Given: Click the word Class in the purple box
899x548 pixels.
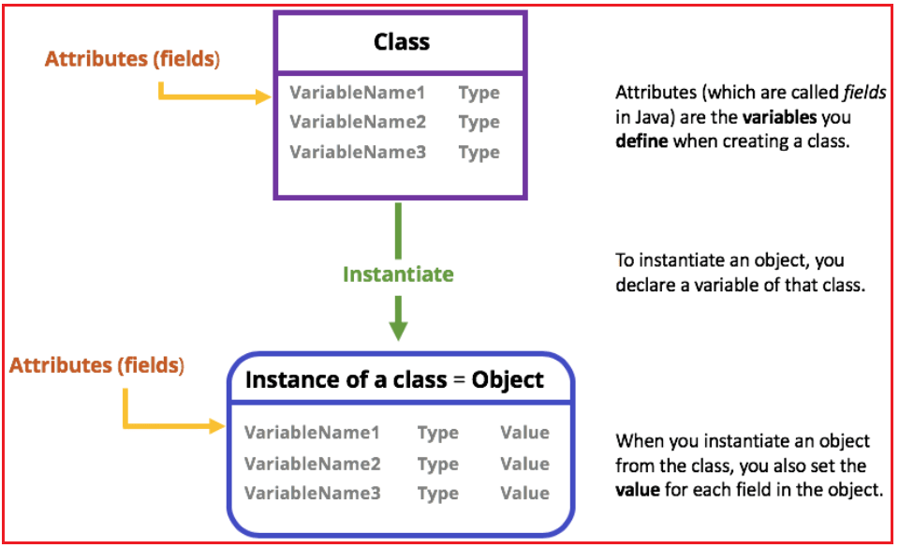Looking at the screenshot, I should pyautogui.click(x=401, y=41).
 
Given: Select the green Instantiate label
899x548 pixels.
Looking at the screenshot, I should pyautogui.click(x=398, y=274).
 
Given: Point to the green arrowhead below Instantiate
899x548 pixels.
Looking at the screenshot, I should pyautogui.click(x=399, y=329).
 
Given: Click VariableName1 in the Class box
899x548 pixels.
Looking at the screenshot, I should pyautogui.click(x=357, y=93).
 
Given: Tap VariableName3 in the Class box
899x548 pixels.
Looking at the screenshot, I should pyautogui.click(x=357, y=152).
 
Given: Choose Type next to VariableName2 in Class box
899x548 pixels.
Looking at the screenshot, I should pyautogui.click(x=479, y=122).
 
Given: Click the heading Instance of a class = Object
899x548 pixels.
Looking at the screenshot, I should pyautogui.click(x=394, y=379).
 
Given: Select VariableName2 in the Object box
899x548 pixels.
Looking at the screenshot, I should pyautogui.click(x=313, y=464).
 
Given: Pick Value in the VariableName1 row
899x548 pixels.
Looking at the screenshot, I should pyautogui.click(x=524, y=433).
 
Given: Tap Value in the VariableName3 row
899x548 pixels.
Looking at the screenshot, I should pyautogui.click(x=524, y=494).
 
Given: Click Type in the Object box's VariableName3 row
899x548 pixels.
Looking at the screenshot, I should pyautogui.click(x=438, y=494).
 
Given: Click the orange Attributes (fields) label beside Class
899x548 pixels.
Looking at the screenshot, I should pyautogui.click(x=132, y=59).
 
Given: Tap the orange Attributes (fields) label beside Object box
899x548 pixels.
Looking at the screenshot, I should pyautogui.click(x=97, y=364).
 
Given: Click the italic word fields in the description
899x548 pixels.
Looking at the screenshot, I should pyautogui.click(x=865, y=94).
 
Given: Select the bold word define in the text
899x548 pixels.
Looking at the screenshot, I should pyautogui.click(x=640, y=144).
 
